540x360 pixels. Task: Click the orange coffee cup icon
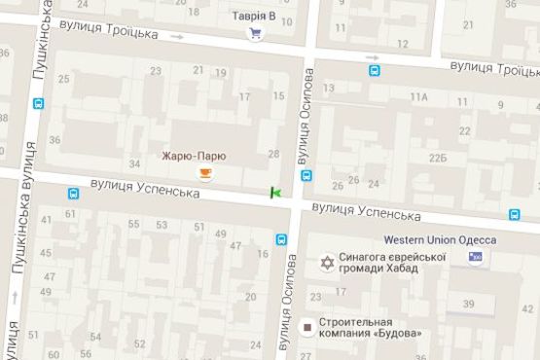204,173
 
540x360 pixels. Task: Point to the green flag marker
275,193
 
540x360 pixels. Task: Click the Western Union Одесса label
440,239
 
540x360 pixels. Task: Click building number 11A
419,97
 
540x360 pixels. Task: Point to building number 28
273,154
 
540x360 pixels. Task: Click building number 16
263,254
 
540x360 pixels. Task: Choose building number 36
54,140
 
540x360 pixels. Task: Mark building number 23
157,71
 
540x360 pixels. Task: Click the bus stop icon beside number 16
282,238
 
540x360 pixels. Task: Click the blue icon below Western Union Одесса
475,256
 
